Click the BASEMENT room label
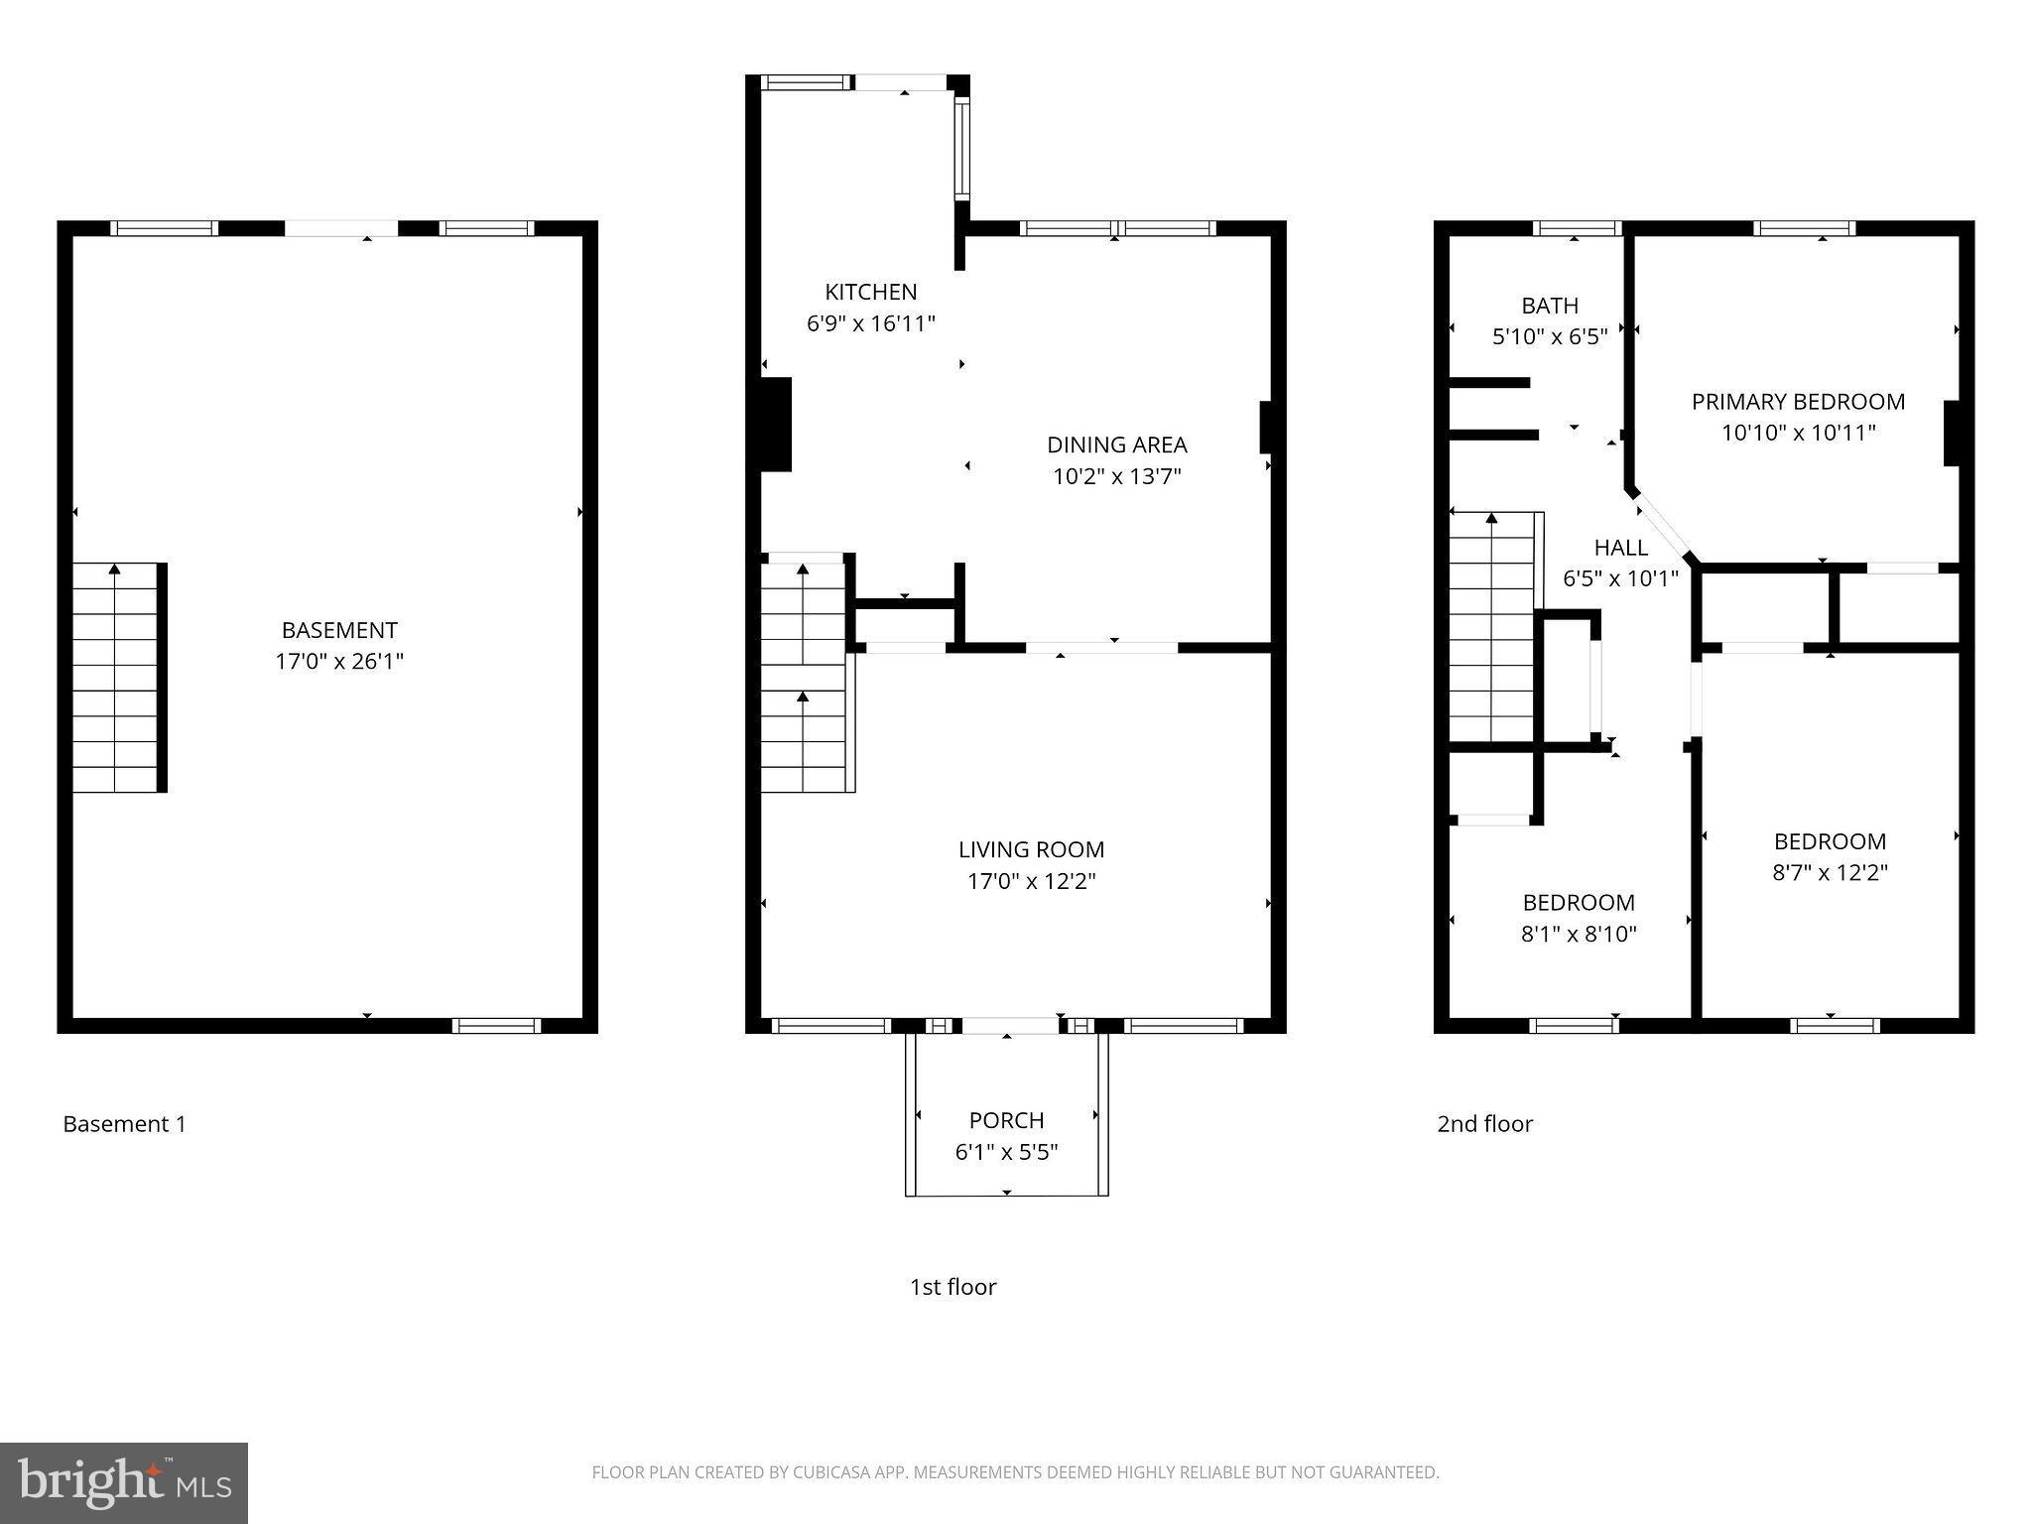[339, 630]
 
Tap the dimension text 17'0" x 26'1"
[339, 662]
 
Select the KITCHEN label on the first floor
[870, 292]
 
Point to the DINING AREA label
[1116, 444]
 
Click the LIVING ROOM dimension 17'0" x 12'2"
[1031, 881]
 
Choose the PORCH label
[1006, 1120]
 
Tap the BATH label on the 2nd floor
[1549, 306]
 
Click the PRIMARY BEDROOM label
[1797, 402]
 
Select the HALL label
[1620, 548]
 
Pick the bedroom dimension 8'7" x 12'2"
[1830, 873]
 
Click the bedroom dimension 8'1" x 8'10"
[1578, 934]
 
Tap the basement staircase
[116, 679]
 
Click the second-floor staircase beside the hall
[1491, 627]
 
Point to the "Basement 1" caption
[124, 1124]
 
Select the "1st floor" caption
[952, 1287]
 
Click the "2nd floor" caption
[1484, 1124]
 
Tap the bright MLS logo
[124, 1482]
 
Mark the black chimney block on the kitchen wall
[775, 424]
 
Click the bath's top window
[1576, 228]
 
